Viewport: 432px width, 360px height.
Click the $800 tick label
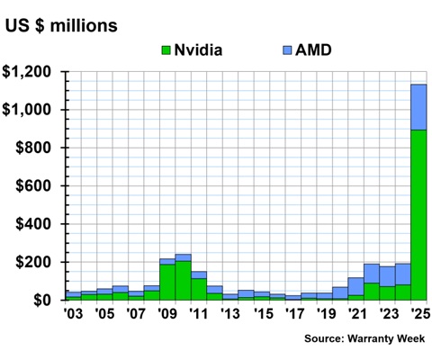click(36, 148)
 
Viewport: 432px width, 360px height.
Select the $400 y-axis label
click(36, 224)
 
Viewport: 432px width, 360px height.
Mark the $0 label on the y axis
click(45, 300)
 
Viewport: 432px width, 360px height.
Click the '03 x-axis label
click(73, 314)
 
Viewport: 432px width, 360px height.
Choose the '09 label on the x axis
click(166, 314)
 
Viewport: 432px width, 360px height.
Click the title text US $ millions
click(61, 25)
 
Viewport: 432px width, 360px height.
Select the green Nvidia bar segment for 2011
click(199, 289)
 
